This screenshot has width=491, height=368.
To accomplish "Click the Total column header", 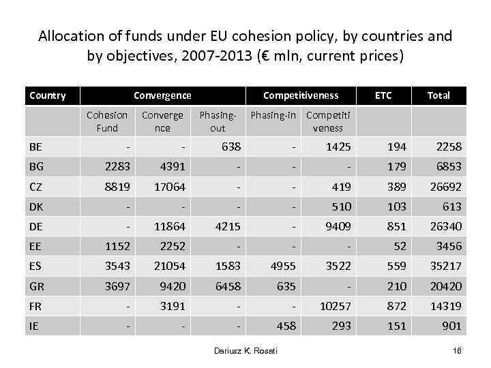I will [438, 95].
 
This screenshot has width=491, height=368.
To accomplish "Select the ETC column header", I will [383, 95].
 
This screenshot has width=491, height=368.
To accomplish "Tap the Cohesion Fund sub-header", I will [107, 121].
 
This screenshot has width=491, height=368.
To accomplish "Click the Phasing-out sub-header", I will [218, 121].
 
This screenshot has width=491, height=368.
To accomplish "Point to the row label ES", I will [35, 265].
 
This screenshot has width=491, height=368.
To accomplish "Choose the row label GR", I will [36, 286].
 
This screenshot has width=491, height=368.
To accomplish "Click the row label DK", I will [36, 206].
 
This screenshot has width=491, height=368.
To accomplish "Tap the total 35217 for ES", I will [445, 265].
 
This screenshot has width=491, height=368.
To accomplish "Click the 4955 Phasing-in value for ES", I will [282, 265].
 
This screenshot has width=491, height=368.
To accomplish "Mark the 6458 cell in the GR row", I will [227, 286].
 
